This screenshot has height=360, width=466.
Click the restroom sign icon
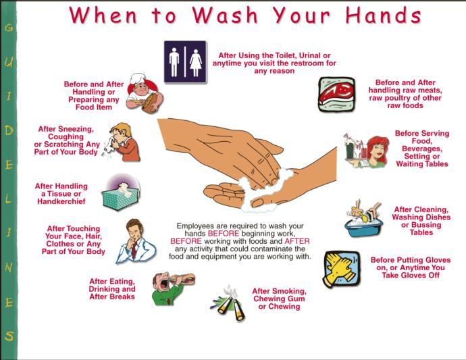click(x=185, y=61)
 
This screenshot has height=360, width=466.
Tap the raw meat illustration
click(x=336, y=93)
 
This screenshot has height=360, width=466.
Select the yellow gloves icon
click(x=343, y=268)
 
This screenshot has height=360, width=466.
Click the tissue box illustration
click(x=122, y=193)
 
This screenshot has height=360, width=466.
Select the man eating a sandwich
click(x=172, y=288)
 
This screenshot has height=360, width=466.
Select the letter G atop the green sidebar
click(x=9, y=28)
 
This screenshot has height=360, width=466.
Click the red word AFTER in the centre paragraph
click(x=297, y=240)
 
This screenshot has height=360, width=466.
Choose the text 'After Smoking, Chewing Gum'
click(x=279, y=295)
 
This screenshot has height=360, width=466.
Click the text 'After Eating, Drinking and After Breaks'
click(x=112, y=288)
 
